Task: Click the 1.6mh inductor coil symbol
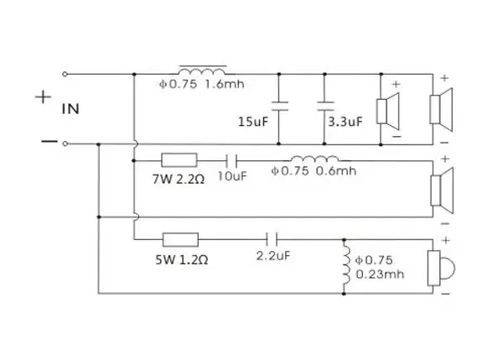(x=202, y=70)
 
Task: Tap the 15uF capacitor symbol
(x=279, y=107)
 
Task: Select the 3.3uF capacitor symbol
(x=325, y=107)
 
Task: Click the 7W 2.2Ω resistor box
(x=179, y=160)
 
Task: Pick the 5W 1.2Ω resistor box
(x=180, y=239)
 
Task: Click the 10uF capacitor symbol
(x=231, y=160)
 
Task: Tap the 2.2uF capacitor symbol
(x=272, y=239)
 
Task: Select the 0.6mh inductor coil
(x=315, y=159)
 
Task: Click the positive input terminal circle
(x=65, y=74)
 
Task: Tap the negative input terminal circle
(x=65, y=143)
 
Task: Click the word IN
(x=70, y=109)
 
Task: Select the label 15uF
(x=253, y=122)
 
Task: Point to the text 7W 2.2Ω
(x=179, y=180)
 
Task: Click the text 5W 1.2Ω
(x=182, y=259)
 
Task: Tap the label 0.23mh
(x=380, y=274)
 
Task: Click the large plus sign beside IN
(x=43, y=97)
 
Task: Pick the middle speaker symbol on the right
(x=442, y=190)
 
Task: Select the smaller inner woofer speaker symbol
(x=387, y=111)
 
